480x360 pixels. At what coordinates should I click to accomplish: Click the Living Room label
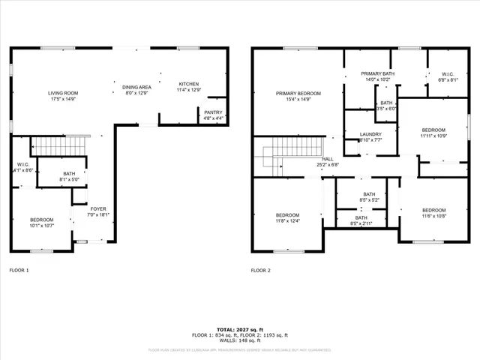click(x=63, y=93)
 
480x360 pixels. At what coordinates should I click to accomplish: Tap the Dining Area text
click(x=137, y=87)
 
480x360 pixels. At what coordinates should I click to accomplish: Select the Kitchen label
click(x=188, y=83)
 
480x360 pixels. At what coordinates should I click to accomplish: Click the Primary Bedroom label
click(x=298, y=93)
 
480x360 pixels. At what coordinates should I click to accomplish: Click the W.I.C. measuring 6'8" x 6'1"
click(x=448, y=74)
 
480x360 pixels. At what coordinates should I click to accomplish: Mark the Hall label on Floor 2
click(x=328, y=159)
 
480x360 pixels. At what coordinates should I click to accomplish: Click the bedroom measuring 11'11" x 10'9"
click(x=433, y=130)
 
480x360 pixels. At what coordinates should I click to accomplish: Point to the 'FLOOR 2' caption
click(x=260, y=270)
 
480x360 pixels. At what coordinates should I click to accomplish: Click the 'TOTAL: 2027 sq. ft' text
click(x=239, y=329)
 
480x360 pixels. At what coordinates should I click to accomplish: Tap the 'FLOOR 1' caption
click(x=19, y=270)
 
